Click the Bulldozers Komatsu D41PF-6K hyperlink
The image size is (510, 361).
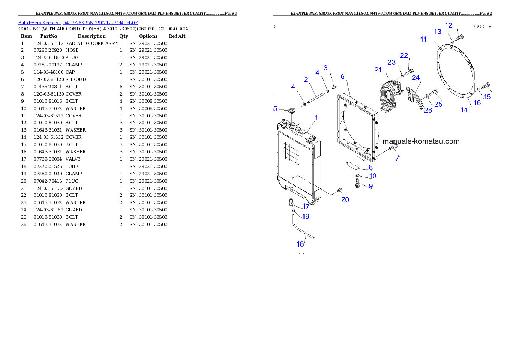tap(78, 22)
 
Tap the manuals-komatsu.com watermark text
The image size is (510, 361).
tap(420, 141)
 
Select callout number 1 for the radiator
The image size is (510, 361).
tap(317, 117)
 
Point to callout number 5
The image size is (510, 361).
tap(276, 108)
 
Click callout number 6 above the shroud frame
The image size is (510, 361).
tap(342, 76)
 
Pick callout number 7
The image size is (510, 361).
tap(397, 158)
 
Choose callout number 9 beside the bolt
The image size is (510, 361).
tap(371, 186)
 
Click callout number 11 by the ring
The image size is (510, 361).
tap(423, 39)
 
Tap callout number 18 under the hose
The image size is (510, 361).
tap(300, 244)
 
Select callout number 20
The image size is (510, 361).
tap(345, 199)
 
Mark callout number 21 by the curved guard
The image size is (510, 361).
tap(378, 70)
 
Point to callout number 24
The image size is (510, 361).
tap(416, 78)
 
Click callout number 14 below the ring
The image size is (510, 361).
tap(464, 110)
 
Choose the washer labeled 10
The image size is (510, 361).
tap(357, 175)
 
